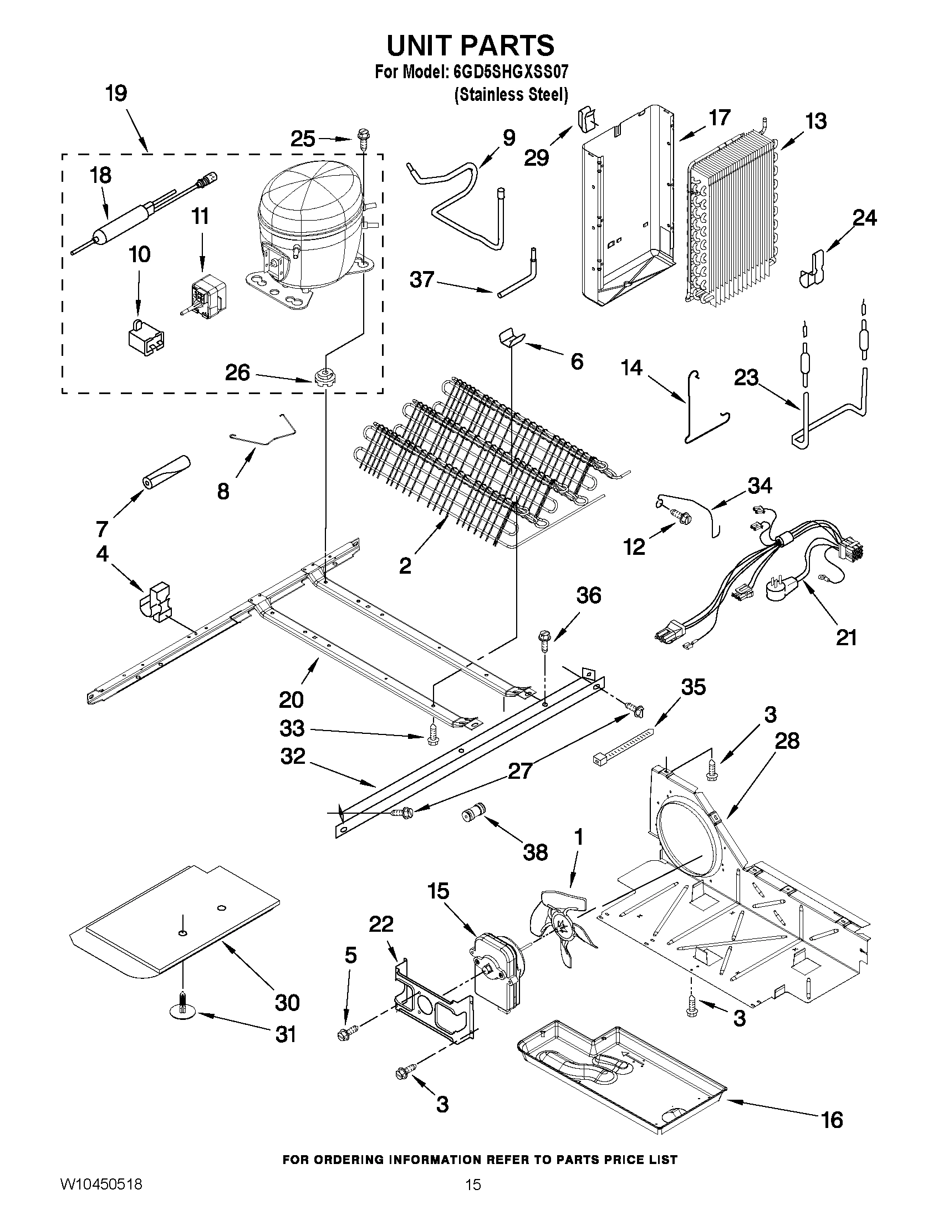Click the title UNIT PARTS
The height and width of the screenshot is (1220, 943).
pos(470,45)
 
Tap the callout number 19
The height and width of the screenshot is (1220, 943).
pos(116,93)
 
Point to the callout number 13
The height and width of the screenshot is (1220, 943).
pos(816,121)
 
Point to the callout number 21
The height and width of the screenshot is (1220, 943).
pos(846,637)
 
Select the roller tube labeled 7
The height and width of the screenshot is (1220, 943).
pos(166,472)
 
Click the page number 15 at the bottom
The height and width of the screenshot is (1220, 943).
pos(473,1200)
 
